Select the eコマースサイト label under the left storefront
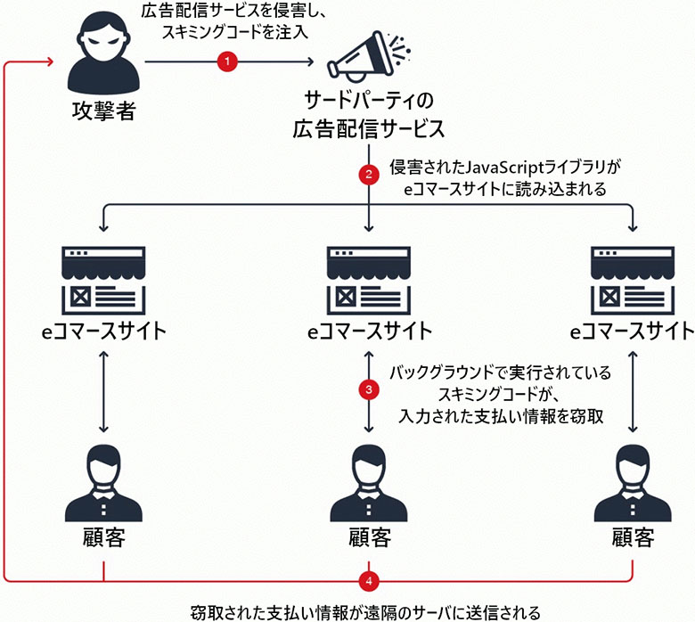103,332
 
